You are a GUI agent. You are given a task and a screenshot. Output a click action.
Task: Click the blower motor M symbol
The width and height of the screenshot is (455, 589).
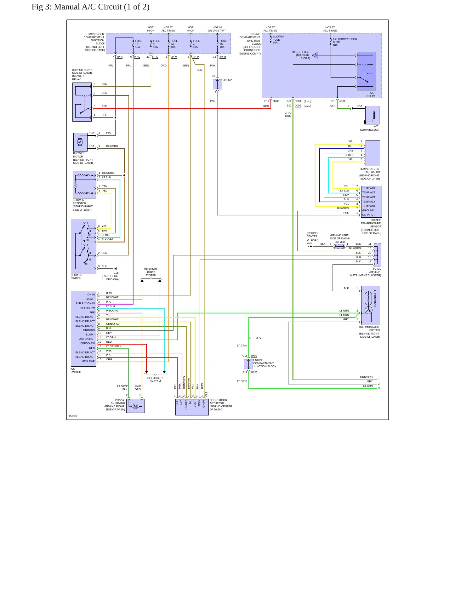pyautogui.click(x=80, y=142)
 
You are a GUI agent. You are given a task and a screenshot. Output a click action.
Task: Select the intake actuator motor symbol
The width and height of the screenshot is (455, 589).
pyautogui.click(x=135, y=406)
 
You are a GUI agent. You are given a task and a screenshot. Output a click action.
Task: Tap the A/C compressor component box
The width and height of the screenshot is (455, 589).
pyautogui.click(x=372, y=115)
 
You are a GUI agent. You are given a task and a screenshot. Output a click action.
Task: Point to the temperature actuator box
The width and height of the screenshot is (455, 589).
pyautogui.click(x=373, y=153)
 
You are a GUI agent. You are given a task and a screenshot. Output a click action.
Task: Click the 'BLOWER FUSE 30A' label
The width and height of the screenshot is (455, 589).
pyautogui.click(x=278, y=40)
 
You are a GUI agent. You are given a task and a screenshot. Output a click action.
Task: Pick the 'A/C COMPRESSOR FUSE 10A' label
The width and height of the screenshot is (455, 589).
pyautogui.click(x=345, y=42)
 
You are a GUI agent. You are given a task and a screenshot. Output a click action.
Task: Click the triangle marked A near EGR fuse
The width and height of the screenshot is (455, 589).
pyautogui.click(x=315, y=55)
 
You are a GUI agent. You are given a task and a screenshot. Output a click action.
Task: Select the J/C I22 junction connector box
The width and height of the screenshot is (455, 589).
pyautogui.click(x=218, y=84)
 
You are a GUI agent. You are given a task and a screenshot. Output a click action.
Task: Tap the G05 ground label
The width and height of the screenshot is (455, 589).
pyautogui.click(x=116, y=273)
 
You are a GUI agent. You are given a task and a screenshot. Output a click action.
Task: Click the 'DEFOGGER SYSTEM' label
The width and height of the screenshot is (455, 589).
pyautogui.click(x=155, y=380)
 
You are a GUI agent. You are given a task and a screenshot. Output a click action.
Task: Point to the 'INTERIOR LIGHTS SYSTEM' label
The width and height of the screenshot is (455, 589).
pyautogui.click(x=151, y=272)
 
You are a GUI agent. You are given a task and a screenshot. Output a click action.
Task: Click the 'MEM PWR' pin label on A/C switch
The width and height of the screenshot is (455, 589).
pyautogui.click(x=88, y=361)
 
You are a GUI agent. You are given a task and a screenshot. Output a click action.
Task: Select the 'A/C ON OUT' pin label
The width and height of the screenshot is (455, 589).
pyautogui.click(x=87, y=339)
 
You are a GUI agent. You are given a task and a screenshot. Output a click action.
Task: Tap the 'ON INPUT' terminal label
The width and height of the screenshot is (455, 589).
pyautogui.click(x=368, y=215)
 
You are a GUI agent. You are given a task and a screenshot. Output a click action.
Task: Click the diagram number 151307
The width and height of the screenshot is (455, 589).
pyautogui.click(x=73, y=416)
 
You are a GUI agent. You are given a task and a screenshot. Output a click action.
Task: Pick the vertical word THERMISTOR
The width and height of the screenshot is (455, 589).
pyautogui.click(x=375, y=299)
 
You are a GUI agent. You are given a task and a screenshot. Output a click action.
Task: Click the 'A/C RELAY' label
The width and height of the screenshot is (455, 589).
pyautogui.click(x=371, y=94)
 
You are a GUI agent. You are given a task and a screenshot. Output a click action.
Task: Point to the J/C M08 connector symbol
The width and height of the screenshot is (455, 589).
pyautogui.click(x=339, y=246)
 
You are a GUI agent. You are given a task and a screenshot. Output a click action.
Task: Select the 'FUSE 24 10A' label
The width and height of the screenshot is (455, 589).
pyautogui.click(x=174, y=44)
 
